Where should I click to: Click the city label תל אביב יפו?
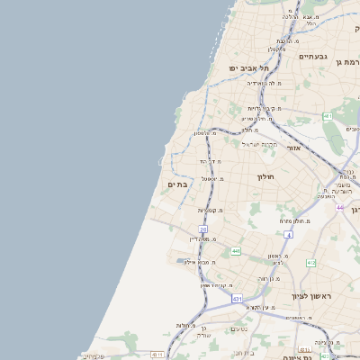[x=233, y=67]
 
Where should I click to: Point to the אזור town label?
[x=294, y=148]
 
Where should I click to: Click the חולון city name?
[x=265, y=177]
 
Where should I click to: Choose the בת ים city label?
[x=178, y=184]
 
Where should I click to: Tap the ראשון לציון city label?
[x=312, y=296]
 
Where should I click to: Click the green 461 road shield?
[x=327, y=117]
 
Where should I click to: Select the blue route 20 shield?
[x=203, y=230]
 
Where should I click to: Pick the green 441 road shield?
[x=236, y=251]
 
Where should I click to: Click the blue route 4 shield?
[x=289, y=235]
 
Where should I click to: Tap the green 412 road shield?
[x=310, y=263]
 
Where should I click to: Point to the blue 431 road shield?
[x=237, y=297]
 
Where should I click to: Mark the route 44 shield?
[x=340, y=207]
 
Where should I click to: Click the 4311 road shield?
[x=157, y=355]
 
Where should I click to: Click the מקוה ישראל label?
[x=262, y=144]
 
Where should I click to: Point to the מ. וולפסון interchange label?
[x=206, y=133]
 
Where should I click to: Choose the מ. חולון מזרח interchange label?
[x=294, y=220]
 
